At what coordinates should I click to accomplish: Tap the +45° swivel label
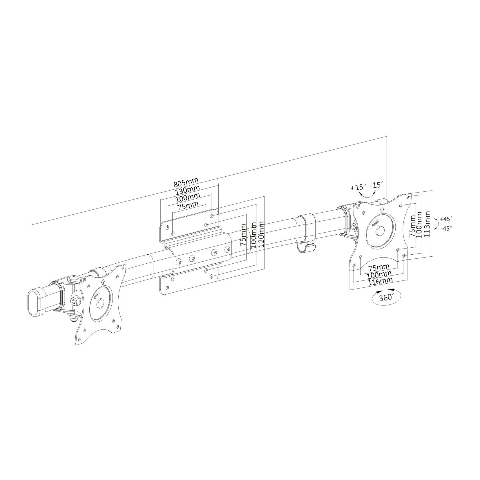(446, 219)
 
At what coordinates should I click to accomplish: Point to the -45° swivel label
(446, 229)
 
